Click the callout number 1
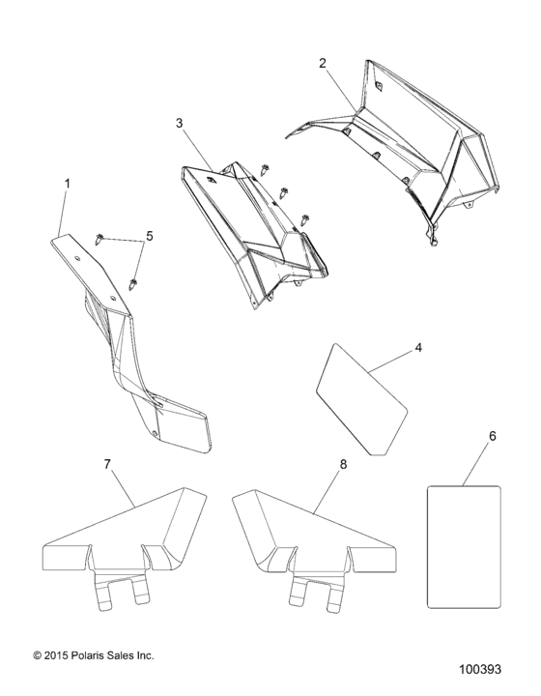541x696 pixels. click(67, 183)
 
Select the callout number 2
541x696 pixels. click(323, 63)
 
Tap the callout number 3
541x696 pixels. click(179, 123)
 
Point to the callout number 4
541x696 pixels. click(417, 348)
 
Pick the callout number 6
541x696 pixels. click(492, 437)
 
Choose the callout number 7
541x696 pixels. click(107, 464)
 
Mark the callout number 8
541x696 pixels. click(342, 464)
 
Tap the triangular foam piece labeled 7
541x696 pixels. click(126, 541)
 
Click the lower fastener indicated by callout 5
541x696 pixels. click(133, 284)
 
